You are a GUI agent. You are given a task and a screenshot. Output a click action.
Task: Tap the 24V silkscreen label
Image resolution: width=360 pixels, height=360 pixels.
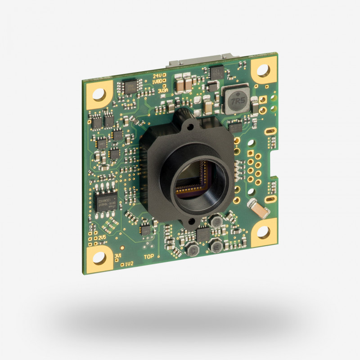pos(157,76)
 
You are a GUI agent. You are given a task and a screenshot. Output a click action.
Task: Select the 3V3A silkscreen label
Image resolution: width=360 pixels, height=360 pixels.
pos(162,90)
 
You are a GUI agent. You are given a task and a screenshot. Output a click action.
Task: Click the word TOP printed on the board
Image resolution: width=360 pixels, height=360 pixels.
pos(149,257)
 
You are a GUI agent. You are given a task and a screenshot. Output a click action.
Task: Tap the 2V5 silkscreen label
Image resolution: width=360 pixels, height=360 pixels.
pos(103,237)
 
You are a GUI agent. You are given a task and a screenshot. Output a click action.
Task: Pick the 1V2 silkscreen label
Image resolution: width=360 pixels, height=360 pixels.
pos(129,264)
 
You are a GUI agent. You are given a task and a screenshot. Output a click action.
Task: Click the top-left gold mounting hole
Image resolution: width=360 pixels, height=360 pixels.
pos(99,94)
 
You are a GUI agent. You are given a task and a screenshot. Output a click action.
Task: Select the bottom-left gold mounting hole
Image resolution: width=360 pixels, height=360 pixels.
pos(99,258)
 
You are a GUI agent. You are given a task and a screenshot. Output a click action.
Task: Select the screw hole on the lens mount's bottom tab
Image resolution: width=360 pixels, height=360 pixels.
pos(191,221)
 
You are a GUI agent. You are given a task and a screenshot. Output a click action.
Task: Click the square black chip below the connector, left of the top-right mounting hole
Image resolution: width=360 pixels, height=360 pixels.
pos(216,72)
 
